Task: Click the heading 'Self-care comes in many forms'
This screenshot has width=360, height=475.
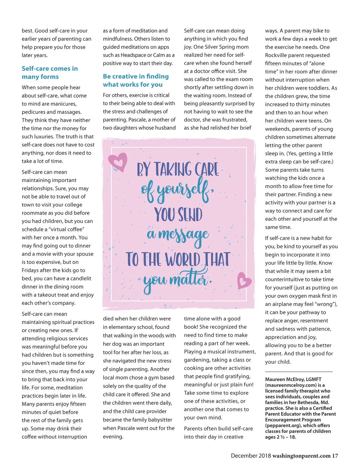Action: point(49,73)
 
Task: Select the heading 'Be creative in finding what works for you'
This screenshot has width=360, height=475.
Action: point(136,80)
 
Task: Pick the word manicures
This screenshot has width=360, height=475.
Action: point(64,104)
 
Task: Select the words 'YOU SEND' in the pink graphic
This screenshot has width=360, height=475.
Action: point(178,214)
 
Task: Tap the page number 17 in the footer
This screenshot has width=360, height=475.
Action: point(335,456)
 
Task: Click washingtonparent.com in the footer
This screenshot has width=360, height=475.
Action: point(301,456)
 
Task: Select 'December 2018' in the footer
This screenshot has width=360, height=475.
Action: point(250,456)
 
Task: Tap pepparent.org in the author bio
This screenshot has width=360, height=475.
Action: point(284,425)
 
